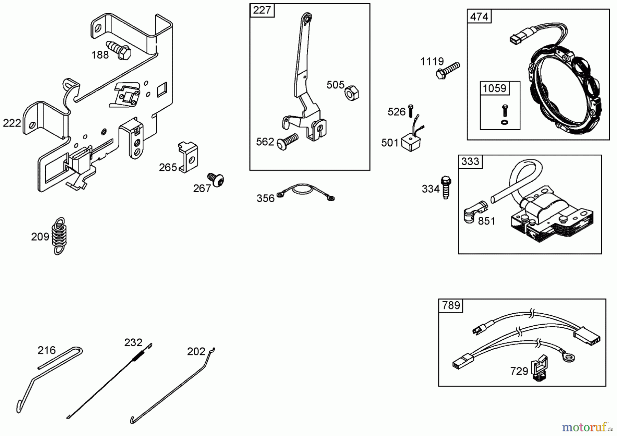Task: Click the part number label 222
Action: (12, 123)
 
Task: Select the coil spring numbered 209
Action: (60, 236)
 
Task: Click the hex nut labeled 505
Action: (351, 93)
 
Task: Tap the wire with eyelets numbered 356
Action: (305, 192)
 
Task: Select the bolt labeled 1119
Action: (448, 70)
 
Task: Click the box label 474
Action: (479, 16)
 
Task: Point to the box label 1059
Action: (494, 88)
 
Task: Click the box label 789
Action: (451, 305)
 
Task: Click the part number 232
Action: (133, 342)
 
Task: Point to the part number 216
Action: (47, 350)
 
